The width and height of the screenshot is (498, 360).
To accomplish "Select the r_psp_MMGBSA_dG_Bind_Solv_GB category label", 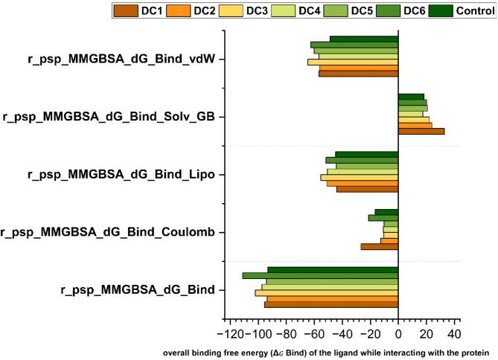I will point(114,117).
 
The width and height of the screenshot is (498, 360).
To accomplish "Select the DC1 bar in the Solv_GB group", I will point(421,132).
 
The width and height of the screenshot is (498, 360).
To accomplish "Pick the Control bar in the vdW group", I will point(364,39).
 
